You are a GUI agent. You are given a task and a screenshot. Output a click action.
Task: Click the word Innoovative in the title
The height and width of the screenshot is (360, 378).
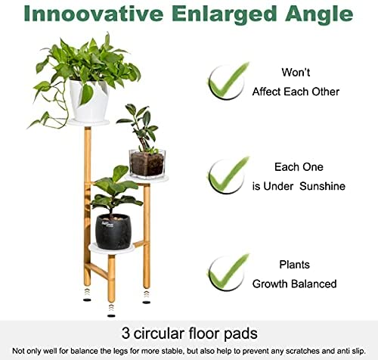click(94, 14)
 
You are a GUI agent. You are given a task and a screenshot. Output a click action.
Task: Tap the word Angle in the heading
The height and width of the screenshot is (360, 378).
click(319, 15)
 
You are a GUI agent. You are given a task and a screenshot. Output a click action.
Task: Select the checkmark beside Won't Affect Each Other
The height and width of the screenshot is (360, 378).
click(228, 81)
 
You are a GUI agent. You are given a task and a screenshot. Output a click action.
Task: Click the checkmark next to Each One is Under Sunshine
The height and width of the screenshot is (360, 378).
click(228, 175)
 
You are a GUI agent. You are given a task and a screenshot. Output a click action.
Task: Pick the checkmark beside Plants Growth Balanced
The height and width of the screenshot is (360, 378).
click(228, 272)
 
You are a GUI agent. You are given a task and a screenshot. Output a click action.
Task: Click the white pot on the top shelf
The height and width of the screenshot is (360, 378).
click(88, 101)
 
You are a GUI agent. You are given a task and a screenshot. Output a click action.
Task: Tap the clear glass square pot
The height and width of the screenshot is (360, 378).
click(147, 163)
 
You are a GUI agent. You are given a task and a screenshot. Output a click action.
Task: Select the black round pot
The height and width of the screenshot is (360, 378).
click(113, 231)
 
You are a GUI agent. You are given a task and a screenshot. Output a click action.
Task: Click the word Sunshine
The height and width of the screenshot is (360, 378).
click(322, 186)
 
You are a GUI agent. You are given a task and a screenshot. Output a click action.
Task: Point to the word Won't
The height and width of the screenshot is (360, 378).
click(296, 73)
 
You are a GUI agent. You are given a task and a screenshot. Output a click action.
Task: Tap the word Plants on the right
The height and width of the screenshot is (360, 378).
click(294, 265)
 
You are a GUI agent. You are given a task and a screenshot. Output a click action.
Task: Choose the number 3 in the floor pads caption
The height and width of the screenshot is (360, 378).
click(125, 334)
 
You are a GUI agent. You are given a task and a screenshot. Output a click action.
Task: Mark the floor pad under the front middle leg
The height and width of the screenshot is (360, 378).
click(111, 315)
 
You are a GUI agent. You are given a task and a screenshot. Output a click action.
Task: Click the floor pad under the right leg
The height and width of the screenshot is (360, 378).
click(147, 302)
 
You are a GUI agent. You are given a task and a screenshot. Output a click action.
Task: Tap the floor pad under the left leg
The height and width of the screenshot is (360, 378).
click(87, 299)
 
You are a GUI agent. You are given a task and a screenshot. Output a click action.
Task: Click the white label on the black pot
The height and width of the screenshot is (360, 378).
click(107, 224)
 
